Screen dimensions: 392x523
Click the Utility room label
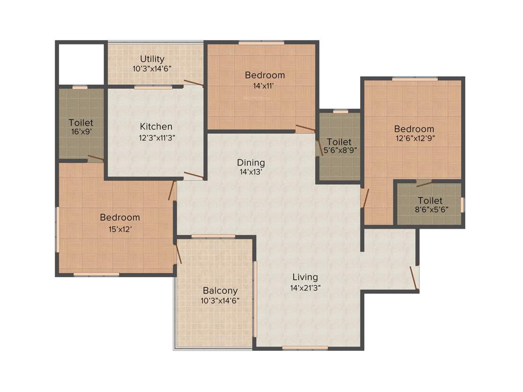coord(152,59)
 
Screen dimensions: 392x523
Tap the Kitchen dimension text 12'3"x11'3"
coord(157,137)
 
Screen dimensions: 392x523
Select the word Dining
coord(251,162)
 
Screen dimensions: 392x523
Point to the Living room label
coord(305,277)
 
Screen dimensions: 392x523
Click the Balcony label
coord(220,290)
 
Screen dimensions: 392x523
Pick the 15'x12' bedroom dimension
coord(120,229)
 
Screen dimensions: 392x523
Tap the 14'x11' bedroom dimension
coord(264,86)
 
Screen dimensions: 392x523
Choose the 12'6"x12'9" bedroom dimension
coord(414,138)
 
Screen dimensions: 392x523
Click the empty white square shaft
coord(81,64)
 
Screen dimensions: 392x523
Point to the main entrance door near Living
coord(414,277)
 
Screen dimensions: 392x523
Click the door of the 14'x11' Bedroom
coord(305,128)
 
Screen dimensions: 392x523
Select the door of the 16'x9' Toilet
coord(96,158)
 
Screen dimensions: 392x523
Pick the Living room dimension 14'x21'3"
coord(305,287)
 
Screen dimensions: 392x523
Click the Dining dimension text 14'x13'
coord(251,173)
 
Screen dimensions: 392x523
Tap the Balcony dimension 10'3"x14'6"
coord(220,301)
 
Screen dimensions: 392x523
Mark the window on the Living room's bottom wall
coord(305,348)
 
